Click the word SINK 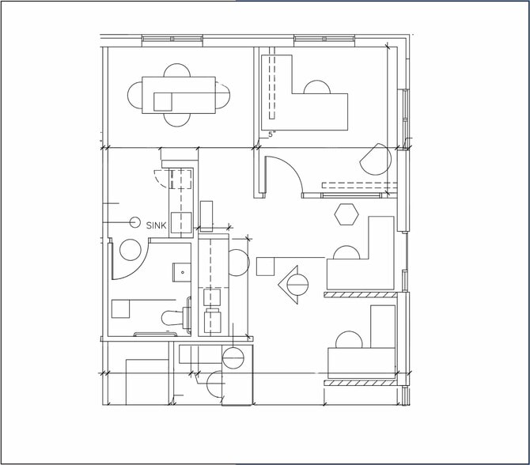pyautogui.click(x=157, y=225)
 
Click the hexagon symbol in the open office pyautogui.click(x=346, y=214)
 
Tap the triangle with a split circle pyautogui.click(x=293, y=283)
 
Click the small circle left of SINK pyautogui.click(x=134, y=223)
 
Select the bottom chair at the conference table pyautogui.click(x=178, y=119)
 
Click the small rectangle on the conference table pyautogui.click(x=163, y=101)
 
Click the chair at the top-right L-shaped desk pyautogui.click(x=316, y=87)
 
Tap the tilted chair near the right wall pyautogui.click(x=376, y=161)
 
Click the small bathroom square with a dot pyautogui.click(x=183, y=272)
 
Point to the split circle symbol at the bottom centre pyautogui.click(x=233, y=357)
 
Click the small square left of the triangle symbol pyautogui.click(x=265, y=266)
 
